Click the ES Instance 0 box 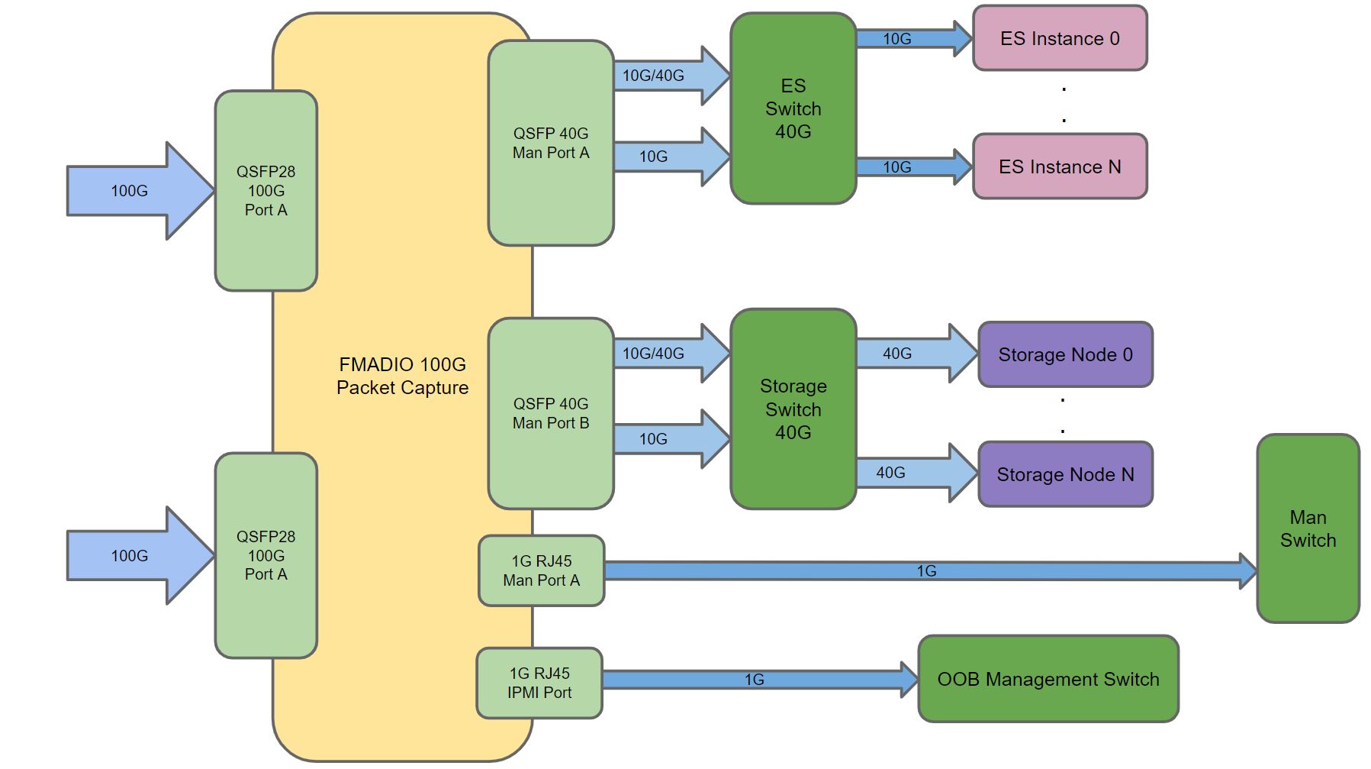coord(1060,38)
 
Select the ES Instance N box coord(1060,166)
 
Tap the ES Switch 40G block coord(793,108)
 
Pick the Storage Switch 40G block coord(793,409)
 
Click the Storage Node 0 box coord(1065,354)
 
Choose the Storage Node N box coord(1065,474)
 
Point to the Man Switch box coord(1308,528)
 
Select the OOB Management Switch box coord(1048,679)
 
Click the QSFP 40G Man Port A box coord(551,143)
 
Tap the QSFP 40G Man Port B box coord(551,413)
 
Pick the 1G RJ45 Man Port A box coord(541,570)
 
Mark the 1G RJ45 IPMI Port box coord(539,683)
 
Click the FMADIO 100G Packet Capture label coord(402,376)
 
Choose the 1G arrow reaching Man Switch coord(927,571)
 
